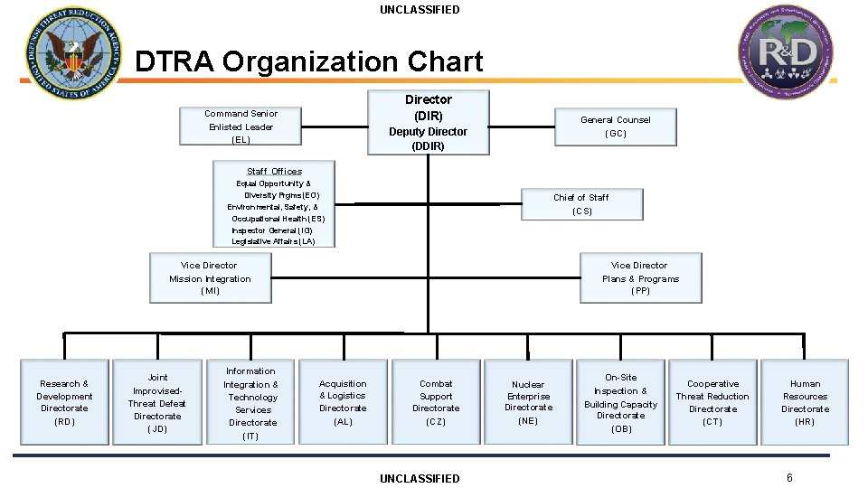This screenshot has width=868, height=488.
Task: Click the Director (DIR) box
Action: point(428,122)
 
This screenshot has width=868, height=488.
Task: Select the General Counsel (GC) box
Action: point(615,127)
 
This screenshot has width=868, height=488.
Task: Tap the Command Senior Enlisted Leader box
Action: point(241,127)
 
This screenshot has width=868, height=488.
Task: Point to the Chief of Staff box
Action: point(580,204)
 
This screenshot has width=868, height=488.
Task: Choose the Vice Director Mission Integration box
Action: point(210,278)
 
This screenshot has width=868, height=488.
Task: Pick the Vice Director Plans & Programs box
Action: point(640,278)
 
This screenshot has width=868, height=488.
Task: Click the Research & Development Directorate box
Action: point(64,402)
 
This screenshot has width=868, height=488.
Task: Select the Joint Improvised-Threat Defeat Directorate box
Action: point(157,402)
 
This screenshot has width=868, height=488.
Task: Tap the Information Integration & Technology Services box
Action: point(251,402)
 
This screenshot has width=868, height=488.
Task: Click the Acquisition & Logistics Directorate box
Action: point(343,402)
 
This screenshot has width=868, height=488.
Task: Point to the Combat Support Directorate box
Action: point(436,402)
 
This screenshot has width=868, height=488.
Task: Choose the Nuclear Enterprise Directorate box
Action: point(528,402)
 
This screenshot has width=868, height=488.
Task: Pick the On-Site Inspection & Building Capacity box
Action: point(621,402)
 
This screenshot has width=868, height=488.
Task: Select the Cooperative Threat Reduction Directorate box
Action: point(712,402)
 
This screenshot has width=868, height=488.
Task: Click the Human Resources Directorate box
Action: point(805,402)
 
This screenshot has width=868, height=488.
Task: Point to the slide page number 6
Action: point(789,477)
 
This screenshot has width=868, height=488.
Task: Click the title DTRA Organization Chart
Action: point(308,61)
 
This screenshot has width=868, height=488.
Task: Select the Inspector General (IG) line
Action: point(272,230)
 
